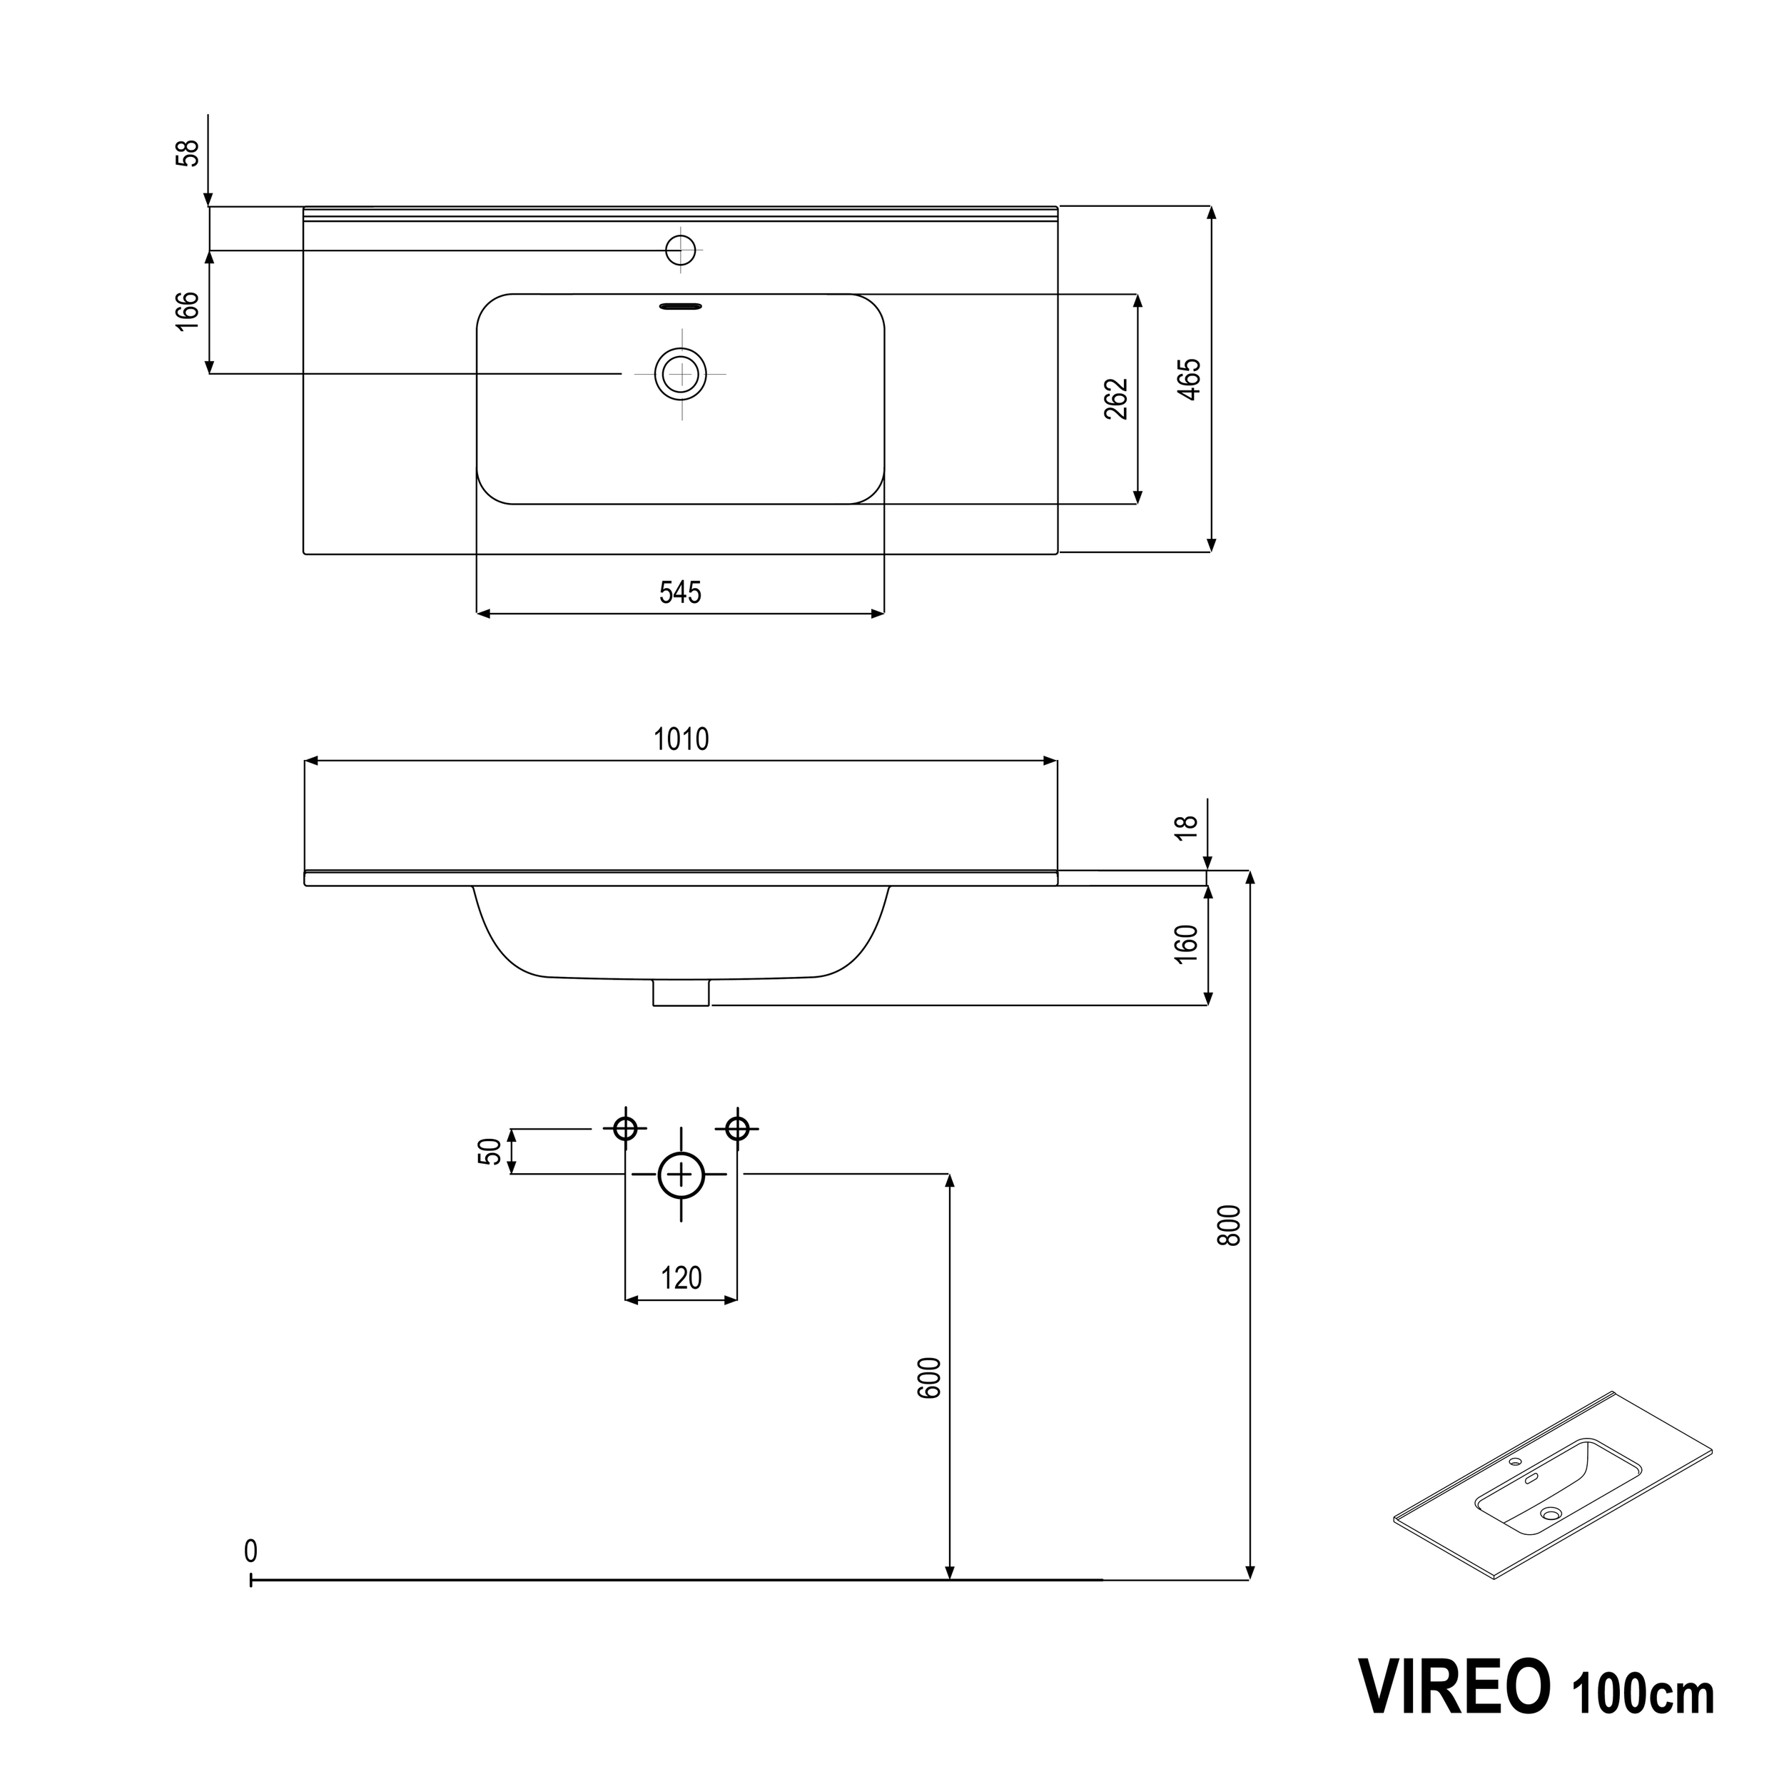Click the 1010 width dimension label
681,739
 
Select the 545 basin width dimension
681,592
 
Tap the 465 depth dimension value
1190,379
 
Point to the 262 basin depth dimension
1116,399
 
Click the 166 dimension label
188,311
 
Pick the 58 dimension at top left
188,153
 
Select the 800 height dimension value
1229,1225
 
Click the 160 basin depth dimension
1187,943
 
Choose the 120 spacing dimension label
681,1278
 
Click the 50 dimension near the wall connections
490,1152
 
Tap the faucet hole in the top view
681,249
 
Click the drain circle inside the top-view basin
681,374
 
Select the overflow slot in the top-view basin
681,305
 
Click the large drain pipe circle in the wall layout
681,1175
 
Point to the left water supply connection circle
626,1128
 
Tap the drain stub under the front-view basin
681,993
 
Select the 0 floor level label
250,1551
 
